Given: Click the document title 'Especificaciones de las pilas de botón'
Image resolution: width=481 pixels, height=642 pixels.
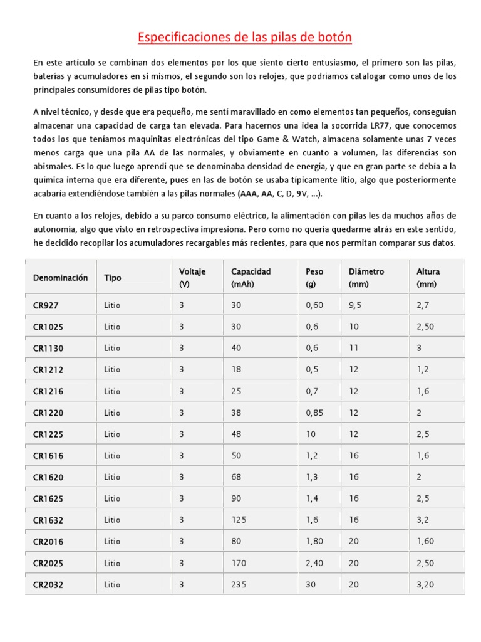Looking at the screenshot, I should [245, 38].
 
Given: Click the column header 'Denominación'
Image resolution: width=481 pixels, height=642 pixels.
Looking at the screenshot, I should [61, 278].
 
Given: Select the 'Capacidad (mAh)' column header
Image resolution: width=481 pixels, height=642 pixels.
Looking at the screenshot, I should [251, 278].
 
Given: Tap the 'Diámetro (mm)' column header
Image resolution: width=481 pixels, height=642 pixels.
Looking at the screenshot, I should [366, 278].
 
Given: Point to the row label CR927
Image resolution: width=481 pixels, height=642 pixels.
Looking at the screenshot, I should [46, 305].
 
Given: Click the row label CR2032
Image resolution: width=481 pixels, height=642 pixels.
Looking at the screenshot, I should [48, 585].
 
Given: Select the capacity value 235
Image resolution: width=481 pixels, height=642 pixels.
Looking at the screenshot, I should [239, 585].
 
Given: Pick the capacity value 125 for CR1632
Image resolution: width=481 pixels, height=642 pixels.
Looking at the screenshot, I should [239, 520].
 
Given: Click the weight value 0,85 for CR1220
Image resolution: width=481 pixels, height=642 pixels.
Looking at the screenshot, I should [316, 413].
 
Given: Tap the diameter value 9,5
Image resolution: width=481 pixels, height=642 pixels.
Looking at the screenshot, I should [356, 305].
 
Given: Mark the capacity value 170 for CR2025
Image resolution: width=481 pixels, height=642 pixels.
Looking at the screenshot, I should [239, 563].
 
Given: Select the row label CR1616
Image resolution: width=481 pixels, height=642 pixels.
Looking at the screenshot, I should [48, 456].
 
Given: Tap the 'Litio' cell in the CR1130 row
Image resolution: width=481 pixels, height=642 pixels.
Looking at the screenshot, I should [113, 348].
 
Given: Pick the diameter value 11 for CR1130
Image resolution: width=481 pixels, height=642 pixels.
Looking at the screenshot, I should [354, 348].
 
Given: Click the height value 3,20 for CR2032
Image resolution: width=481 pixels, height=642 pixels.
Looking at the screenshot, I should [425, 585].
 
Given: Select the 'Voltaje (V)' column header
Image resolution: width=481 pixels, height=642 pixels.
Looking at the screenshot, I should [192, 278].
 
